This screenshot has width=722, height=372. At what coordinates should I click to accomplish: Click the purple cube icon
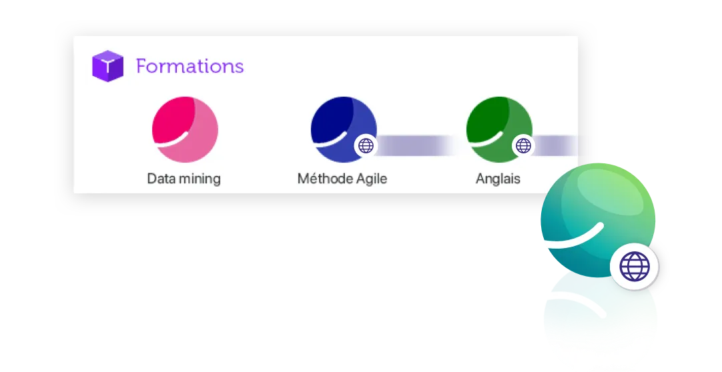(x=107, y=66)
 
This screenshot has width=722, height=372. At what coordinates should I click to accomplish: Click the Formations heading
(x=190, y=66)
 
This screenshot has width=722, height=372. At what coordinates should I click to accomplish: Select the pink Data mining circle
(x=185, y=129)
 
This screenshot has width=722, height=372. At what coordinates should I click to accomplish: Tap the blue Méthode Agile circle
(x=344, y=129)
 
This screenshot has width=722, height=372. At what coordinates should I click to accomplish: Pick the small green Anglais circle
(x=499, y=129)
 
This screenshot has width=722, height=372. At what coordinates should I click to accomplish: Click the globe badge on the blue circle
(x=366, y=146)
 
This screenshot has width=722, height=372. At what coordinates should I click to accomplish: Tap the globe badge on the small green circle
(x=524, y=146)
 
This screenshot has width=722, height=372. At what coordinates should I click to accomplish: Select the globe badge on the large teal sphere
(x=635, y=266)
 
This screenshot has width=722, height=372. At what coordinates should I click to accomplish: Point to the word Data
(x=161, y=179)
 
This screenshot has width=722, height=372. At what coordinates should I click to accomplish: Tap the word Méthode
(x=324, y=178)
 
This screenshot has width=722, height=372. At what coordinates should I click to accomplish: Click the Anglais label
(x=498, y=179)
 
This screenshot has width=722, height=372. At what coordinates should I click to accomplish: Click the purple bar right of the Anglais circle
(x=556, y=146)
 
